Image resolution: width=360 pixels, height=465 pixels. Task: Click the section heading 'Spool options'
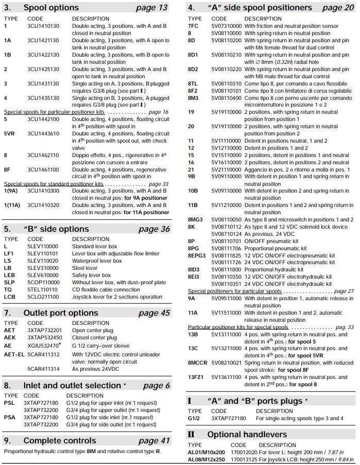point(51,8)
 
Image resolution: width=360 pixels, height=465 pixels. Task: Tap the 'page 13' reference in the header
point(151,8)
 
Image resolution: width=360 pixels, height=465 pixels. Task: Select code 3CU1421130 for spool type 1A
point(43,41)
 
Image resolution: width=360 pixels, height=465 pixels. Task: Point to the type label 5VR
point(10,133)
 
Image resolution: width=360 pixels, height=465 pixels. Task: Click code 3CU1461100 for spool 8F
point(43,169)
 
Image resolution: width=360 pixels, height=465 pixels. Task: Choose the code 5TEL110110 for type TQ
point(43,289)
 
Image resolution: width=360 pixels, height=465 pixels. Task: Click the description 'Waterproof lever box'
point(97,261)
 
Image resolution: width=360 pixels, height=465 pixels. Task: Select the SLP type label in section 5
point(9,282)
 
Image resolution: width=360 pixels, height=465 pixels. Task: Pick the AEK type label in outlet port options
point(10,337)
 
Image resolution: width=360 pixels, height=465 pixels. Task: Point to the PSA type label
point(9,417)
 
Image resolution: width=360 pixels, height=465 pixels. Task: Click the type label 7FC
point(193,26)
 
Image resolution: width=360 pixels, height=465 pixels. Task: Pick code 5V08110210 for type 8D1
point(226,55)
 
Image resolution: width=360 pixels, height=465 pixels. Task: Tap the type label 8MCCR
point(198,363)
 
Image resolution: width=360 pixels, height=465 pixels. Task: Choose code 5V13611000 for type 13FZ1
point(226,377)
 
